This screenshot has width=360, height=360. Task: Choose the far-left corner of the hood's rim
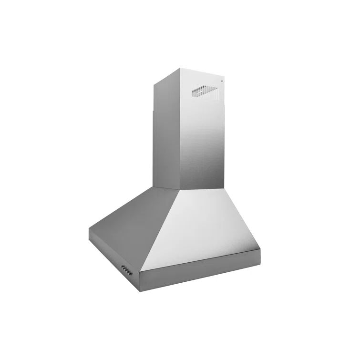tap(89, 231)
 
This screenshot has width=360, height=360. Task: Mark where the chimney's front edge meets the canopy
tap(178, 191)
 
